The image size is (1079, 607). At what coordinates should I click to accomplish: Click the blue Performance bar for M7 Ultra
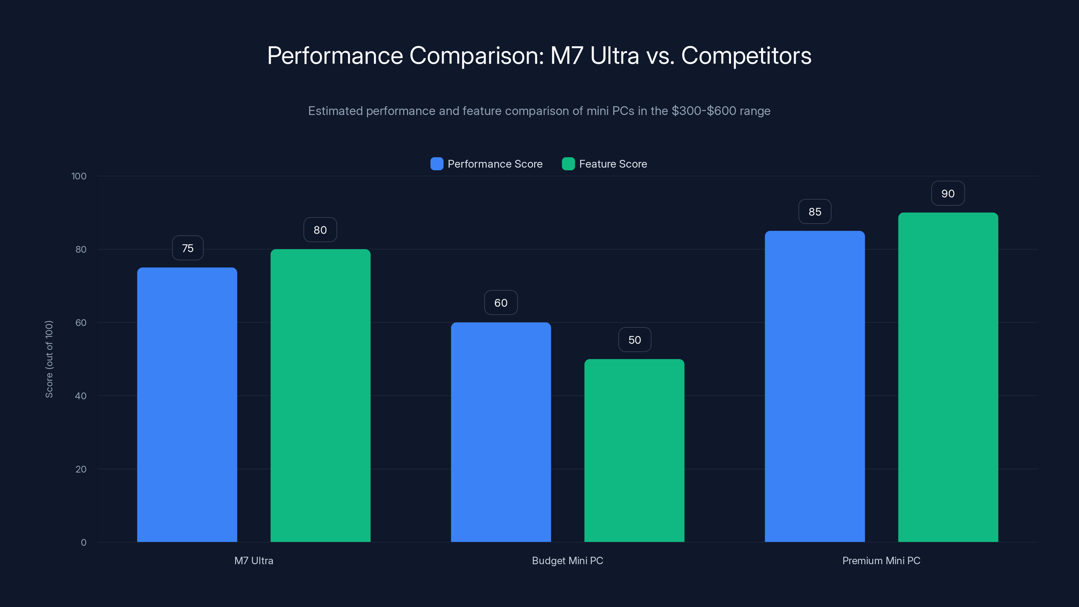[x=187, y=404]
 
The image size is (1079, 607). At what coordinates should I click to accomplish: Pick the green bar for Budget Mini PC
[x=634, y=450]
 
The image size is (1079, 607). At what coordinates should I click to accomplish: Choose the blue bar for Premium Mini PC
[x=815, y=386]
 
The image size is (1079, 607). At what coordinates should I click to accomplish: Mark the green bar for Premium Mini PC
[x=948, y=377]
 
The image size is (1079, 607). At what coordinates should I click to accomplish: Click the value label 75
[x=188, y=248]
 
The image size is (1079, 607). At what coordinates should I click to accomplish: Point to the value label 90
[x=948, y=194]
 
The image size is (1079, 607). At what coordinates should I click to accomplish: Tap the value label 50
[x=635, y=340]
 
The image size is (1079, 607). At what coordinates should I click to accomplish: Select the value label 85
[x=815, y=211]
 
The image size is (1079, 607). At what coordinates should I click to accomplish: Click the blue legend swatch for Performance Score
[x=436, y=164]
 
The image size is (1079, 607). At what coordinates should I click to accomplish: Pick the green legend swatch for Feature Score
[x=568, y=164]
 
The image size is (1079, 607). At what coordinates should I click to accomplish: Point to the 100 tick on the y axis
[x=79, y=176]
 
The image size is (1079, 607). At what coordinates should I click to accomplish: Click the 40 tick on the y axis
[x=81, y=396]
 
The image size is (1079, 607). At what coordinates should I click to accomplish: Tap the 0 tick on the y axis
[x=83, y=543]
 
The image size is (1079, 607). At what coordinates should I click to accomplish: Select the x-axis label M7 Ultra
[x=254, y=560]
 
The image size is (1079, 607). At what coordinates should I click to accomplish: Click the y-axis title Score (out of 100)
[x=49, y=359]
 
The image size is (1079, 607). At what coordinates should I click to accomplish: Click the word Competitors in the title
[x=746, y=56]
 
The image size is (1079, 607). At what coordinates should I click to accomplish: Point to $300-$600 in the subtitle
[x=704, y=111]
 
